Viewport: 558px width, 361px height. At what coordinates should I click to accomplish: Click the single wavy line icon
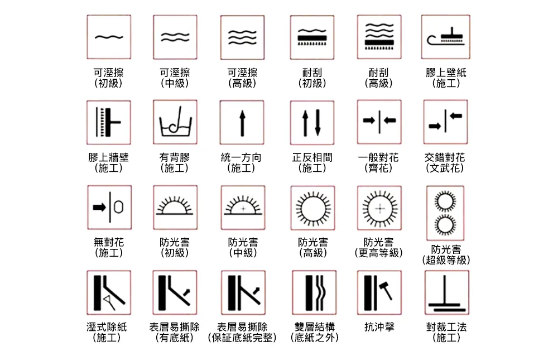(x=109, y=37)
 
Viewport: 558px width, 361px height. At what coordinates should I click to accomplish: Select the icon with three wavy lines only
(x=242, y=37)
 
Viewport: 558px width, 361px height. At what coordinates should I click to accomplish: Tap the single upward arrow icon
(x=242, y=122)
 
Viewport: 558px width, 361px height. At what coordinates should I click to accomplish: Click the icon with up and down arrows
(x=312, y=123)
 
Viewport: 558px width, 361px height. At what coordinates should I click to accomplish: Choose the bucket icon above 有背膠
(x=175, y=122)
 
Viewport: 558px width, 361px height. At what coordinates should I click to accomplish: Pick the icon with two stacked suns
(x=445, y=213)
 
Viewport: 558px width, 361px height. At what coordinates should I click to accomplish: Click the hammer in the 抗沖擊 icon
(x=386, y=290)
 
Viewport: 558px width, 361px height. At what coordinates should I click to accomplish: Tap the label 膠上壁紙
(x=446, y=73)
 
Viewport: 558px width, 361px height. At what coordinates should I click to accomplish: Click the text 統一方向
(x=241, y=157)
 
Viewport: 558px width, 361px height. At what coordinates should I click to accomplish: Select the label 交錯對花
(x=445, y=157)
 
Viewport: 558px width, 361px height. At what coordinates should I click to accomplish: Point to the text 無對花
(x=109, y=243)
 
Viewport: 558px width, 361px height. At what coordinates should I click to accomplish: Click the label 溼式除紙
(x=107, y=327)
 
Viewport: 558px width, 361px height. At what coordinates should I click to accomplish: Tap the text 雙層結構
(x=315, y=327)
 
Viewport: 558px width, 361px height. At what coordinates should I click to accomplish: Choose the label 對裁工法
(x=446, y=327)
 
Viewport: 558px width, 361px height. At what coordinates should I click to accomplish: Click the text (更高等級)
(x=379, y=253)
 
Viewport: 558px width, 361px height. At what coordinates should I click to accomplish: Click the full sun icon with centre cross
(x=379, y=208)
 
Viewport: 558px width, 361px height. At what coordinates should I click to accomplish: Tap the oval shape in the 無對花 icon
(x=119, y=207)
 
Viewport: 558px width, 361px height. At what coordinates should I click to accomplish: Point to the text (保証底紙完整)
(x=242, y=338)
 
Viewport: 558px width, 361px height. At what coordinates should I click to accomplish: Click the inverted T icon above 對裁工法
(x=446, y=292)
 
